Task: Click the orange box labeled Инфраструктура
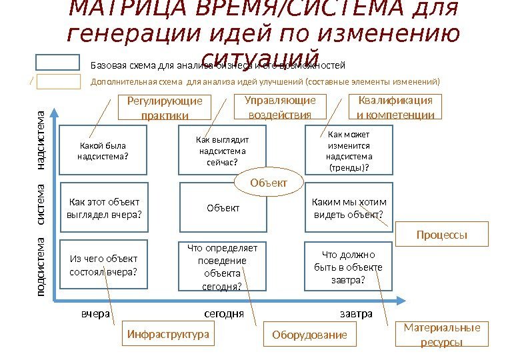[x=168, y=334]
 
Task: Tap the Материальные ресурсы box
[x=441, y=335]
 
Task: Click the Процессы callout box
[x=442, y=235]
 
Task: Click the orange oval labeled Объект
[x=269, y=183]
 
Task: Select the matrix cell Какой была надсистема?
[x=102, y=151]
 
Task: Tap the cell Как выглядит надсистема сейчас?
[x=223, y=151]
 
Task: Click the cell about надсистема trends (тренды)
[x=349, y=151]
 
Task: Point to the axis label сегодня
[x=223, y=313]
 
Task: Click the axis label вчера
[x=95, y=313]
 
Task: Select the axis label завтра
[x=356, y=313]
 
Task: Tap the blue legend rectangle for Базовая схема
[x=57, y=63]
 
